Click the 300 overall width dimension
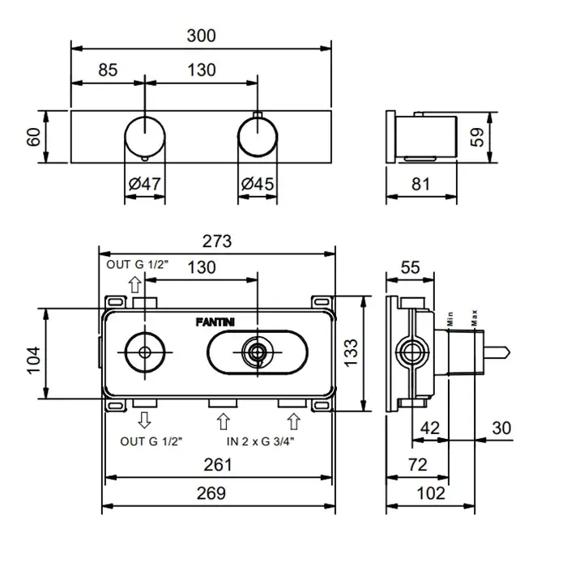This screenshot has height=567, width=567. pos(202,36)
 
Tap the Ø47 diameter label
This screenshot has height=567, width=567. pos(145,184)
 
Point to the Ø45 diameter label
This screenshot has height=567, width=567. pos(258,184)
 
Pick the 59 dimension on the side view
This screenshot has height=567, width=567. pos(478,138)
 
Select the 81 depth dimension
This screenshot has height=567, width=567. pos(420,184)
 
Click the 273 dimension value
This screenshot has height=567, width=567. pos(217,241)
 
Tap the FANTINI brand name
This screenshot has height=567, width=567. pos(216,322)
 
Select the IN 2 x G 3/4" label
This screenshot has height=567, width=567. pos(261,441)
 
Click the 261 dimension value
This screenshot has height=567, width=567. pos(217,465)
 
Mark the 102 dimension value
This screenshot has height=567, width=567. pos(430,492)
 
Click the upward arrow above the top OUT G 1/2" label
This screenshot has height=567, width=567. pos(134,284)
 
